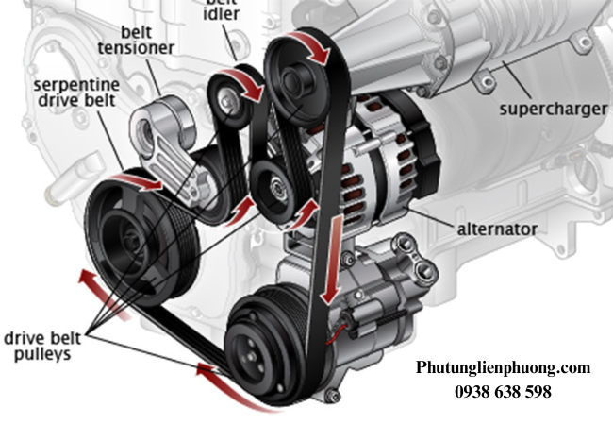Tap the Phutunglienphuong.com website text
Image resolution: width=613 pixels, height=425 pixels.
click(x=503, y=367)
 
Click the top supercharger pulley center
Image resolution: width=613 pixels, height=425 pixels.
click(x=300, y=79)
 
